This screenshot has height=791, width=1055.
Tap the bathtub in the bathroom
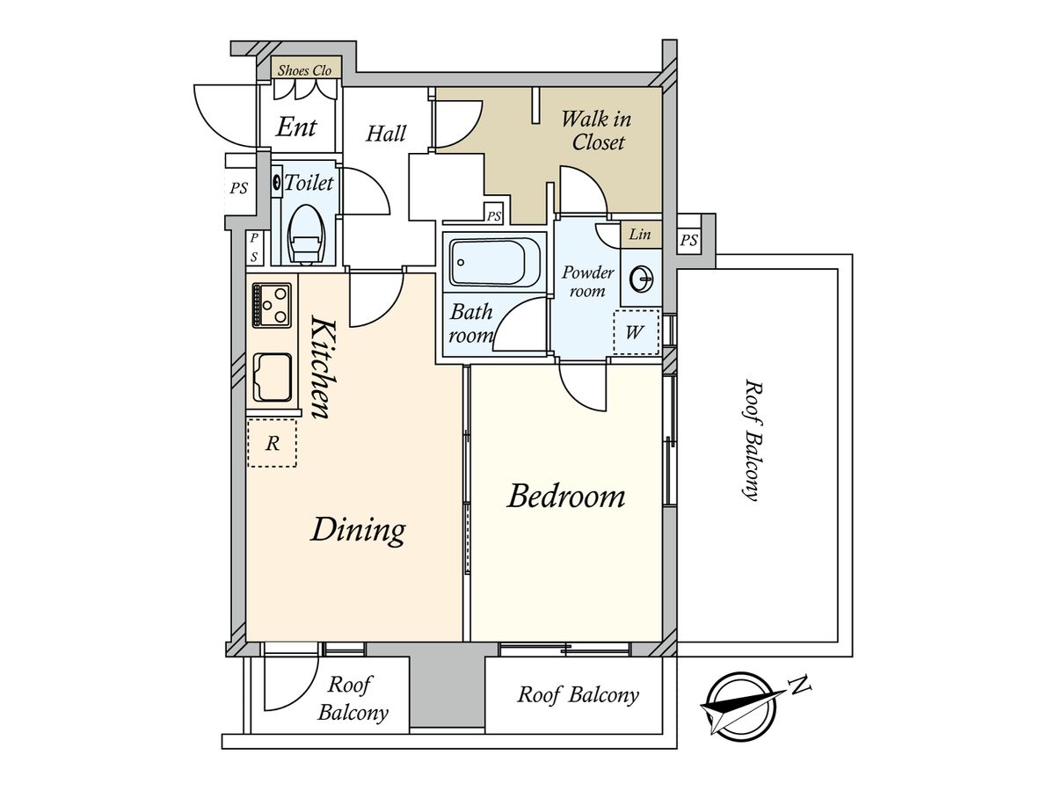(x=495, y=262)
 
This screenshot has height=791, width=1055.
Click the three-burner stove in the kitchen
(x=272, y=305)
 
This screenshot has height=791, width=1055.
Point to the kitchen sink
(x=272, y=378)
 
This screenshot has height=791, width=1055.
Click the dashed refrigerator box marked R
(x=272, y=443)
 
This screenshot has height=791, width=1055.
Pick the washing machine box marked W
(x=636, y=332)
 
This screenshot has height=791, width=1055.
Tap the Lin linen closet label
(x=640, y=235)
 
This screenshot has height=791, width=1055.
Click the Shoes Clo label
(x=305, y=70)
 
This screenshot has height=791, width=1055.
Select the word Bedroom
(x=566, y=496)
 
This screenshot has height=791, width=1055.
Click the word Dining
(x=358, y=530)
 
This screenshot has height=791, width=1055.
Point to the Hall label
(x=386, y=134)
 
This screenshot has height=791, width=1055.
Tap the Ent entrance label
(x=296, y=127)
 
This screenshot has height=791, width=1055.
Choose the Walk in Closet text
(x=596, y=131)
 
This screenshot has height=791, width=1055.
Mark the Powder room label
(x=588, y=282)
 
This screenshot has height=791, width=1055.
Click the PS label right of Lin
(x=688, y=240)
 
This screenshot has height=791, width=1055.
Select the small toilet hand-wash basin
(x=276, y=182)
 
